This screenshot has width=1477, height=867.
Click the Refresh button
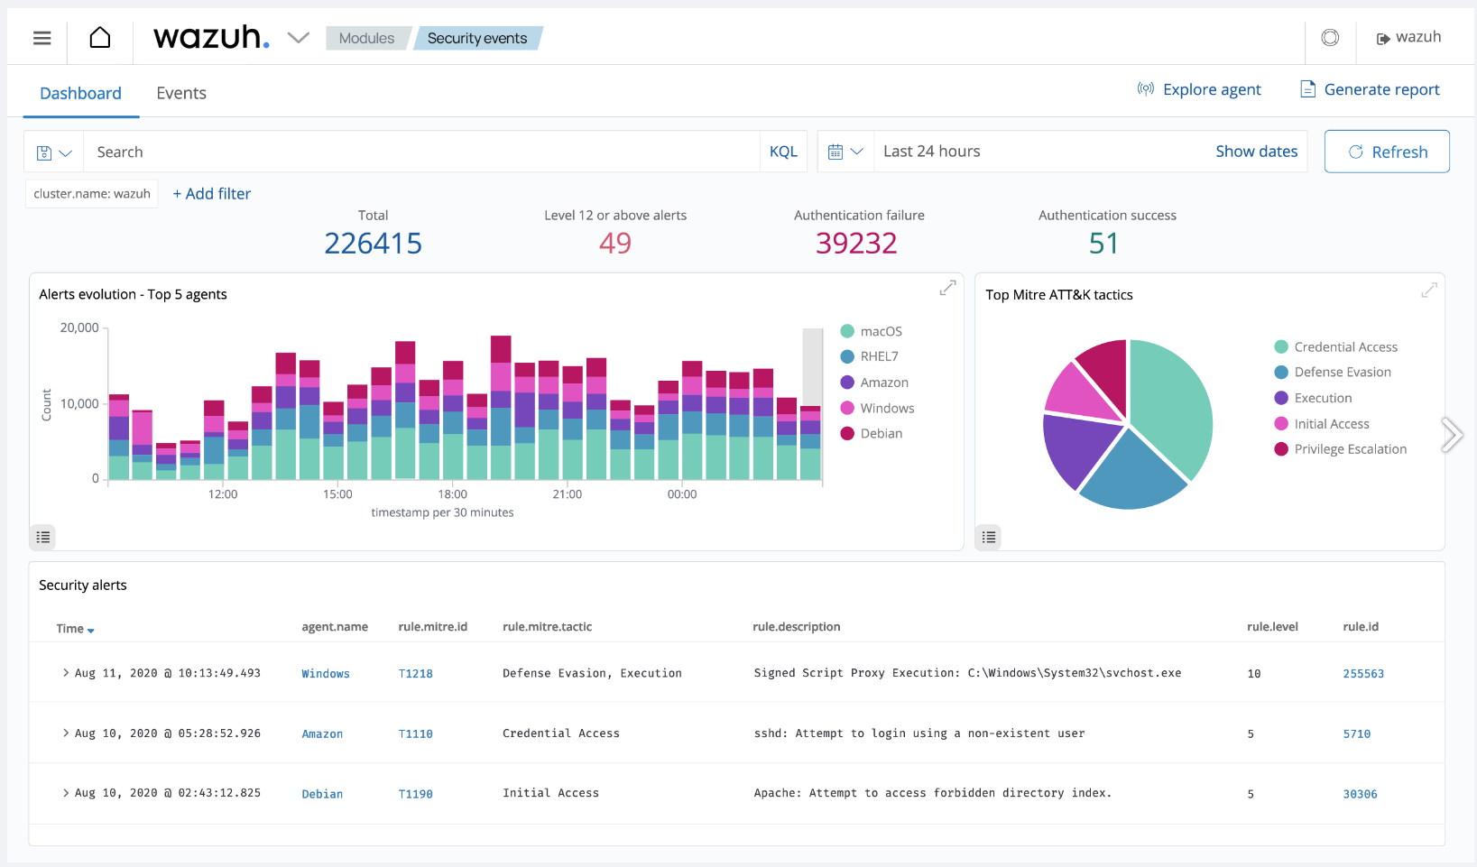coord(1387,152)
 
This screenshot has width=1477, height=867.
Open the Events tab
coord(181,93)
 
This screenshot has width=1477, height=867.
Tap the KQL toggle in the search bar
coord(783,152)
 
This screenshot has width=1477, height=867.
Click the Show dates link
coord(1256,152)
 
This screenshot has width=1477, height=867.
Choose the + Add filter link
coord(212,194)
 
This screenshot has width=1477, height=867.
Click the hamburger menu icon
coord(42,38)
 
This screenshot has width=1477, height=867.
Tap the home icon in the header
coord(100,38)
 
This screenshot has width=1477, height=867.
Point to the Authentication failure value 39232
coord(856,244)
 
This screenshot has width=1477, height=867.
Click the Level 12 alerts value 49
coord(615,244)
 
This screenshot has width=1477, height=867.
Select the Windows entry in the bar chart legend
coord(886,409)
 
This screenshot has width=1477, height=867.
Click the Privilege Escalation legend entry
coord(1349,449)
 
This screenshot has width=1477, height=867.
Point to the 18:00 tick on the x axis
coord(453,494)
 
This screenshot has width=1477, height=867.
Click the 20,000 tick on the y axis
coord(79,327)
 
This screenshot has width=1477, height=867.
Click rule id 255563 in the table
coord(1362,674)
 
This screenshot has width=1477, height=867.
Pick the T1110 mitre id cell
coord(415,734)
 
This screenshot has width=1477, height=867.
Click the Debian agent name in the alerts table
coord(322,794)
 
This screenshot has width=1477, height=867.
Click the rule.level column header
coord(1272,627)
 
